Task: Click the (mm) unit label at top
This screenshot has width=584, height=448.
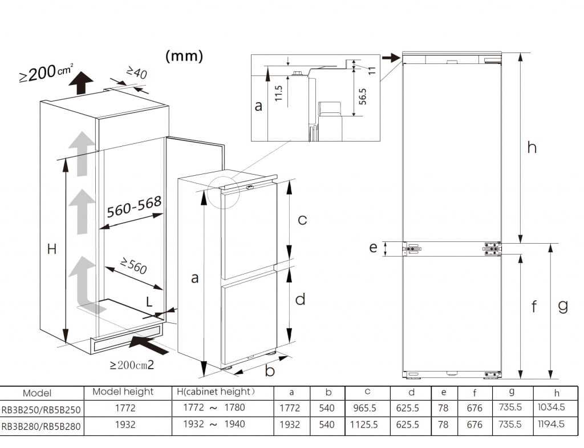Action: click(x=184, y=56)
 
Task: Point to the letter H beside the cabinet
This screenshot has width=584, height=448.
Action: click(x=52, y=249)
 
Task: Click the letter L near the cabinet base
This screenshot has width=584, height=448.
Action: click(x=149, y=302)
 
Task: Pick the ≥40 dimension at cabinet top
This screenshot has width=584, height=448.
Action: click(x=137, y=73)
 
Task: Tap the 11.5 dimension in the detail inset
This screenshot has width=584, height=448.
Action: click(x=279, y=93)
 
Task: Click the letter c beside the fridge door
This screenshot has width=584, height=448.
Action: click(x=302, y=220)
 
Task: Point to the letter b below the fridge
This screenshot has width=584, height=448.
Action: click(x=270, y=372)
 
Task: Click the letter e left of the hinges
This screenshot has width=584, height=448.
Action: click(x=373, y=248)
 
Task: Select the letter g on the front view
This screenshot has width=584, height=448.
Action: click(x=563, y=306)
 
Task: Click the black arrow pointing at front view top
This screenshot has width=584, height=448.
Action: click(x=391, y=58)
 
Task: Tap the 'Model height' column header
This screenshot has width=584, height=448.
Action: click(x=123, y=392)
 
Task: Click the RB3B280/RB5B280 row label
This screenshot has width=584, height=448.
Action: click(x=41, y=426)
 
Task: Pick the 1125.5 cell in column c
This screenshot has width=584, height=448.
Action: click(x=364, y=425)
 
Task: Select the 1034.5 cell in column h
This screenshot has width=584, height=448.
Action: click(x=551, y=407)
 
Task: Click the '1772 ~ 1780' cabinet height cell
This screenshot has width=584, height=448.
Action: click(x=214, y=408)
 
